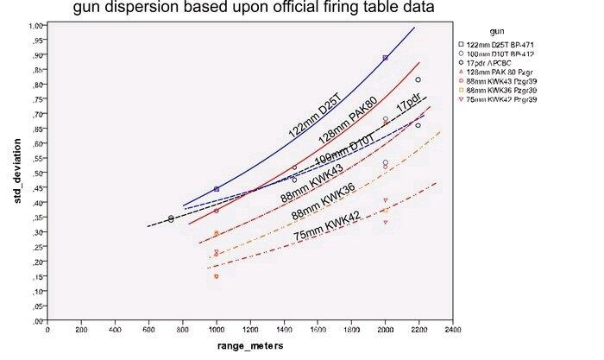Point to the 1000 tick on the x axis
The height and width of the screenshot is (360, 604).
click(216, 329)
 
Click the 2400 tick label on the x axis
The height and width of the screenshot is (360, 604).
click(451, 329)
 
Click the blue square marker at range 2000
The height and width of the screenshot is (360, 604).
click(385, 58)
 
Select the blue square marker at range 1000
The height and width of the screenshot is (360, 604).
click(216, 189)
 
